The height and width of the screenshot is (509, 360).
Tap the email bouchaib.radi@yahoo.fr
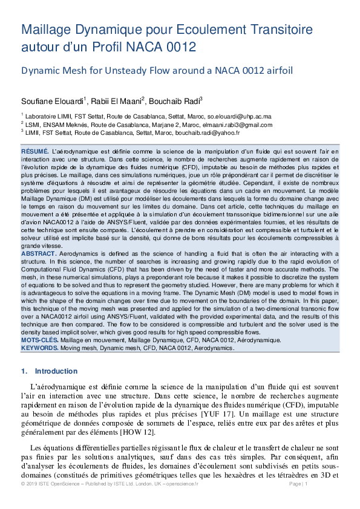(209, 132)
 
